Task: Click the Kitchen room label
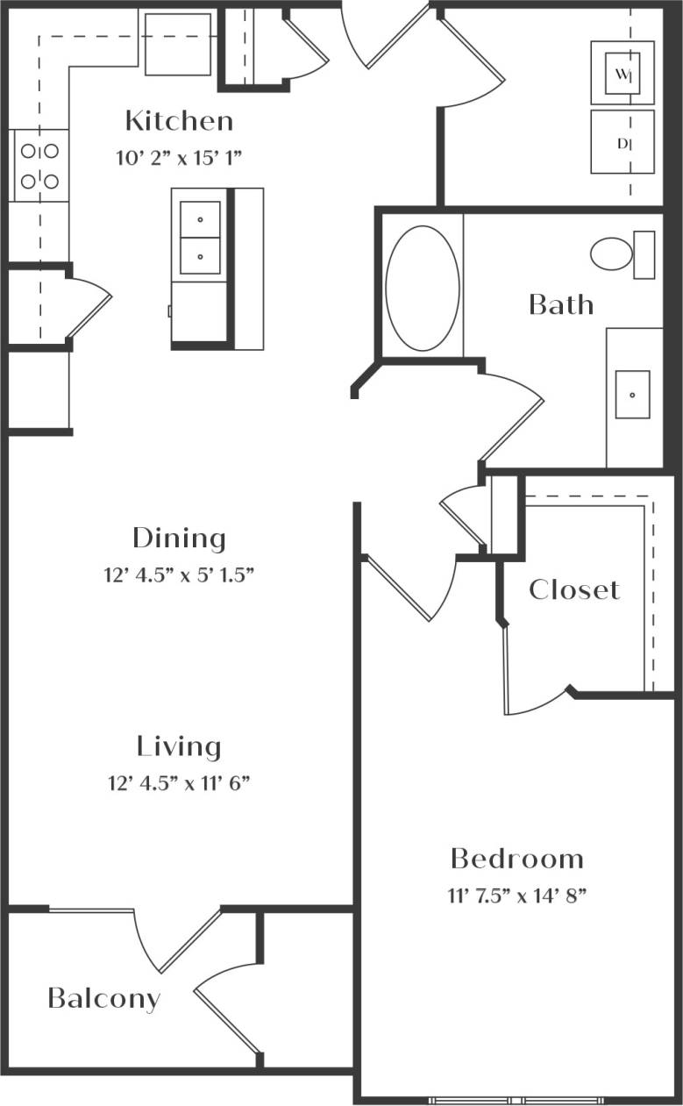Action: [x=179, y=121]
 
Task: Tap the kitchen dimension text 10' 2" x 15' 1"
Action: [x=178, y=158]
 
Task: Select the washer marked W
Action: [x=622, y=74]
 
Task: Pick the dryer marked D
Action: [x=622, y=142]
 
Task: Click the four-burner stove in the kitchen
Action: [x=39, y=166]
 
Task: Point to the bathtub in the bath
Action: [x=422, y=289]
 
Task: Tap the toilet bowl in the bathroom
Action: [x=612, y=253]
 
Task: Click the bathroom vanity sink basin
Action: [x=632, y=395]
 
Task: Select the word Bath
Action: [x=561, y=305]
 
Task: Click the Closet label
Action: [x=574, y=589]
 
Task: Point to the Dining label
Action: [x=179, y=538]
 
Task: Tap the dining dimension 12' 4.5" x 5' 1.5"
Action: [x=179, y=575]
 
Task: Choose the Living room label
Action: [x=179, y=747]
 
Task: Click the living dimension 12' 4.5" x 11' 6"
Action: [x=179, y=783]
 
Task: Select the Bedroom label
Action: [x=516, y=858]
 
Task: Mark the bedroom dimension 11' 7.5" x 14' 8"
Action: [x=516, y=896]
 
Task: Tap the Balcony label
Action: [x=104, y=998]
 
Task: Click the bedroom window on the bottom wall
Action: [x=516, y=1100]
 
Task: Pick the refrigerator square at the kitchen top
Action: [x=178, y=44]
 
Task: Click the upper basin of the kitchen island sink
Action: [x=200, y=219]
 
